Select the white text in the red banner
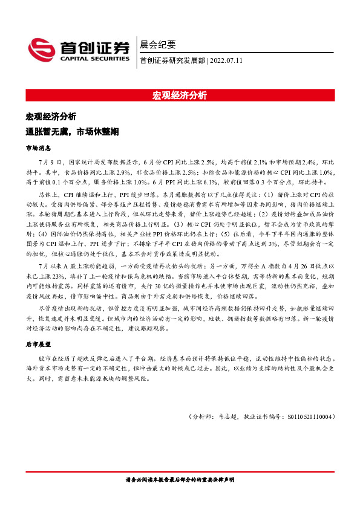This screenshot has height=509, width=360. [x=180, y=96]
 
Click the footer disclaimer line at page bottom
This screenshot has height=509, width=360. [x=180, y=481]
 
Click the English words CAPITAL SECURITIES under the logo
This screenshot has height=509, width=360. [x=94, y=59]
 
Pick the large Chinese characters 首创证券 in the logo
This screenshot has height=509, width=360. [x=94, y=47]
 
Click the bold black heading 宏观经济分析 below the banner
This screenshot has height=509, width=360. [x=51, y=116]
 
